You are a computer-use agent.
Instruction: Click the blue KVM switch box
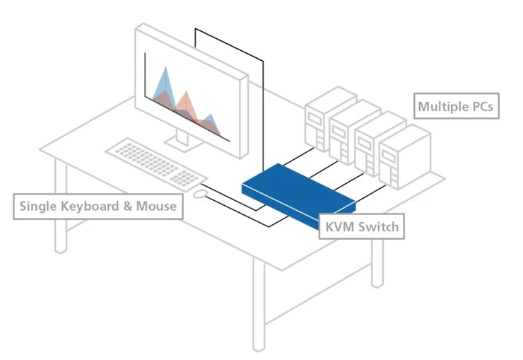(x=293, y=194)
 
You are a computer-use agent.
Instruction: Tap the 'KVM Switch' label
(x=362, y=226)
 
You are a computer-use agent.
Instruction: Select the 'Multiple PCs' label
(x=457, y=106)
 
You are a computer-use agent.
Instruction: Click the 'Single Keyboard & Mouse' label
(x=98, y=207)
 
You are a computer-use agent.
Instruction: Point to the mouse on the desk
(x=199, y=194)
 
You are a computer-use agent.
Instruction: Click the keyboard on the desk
(x=156, y=163)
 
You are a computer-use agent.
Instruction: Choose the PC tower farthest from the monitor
(x=405, y=157)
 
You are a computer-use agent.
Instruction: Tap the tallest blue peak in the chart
(x=165, y=68)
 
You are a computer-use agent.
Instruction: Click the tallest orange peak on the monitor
(x=186, y=93)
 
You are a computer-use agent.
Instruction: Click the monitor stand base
(x=184, y=144)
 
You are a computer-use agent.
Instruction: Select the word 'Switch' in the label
(x=378, y=227)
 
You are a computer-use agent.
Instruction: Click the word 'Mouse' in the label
(x=156, y=207)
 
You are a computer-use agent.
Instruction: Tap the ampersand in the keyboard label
(x=127, y=207)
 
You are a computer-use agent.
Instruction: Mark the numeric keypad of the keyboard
(x=184, y=178)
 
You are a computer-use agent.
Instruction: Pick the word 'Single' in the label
(x=38, y=207)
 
